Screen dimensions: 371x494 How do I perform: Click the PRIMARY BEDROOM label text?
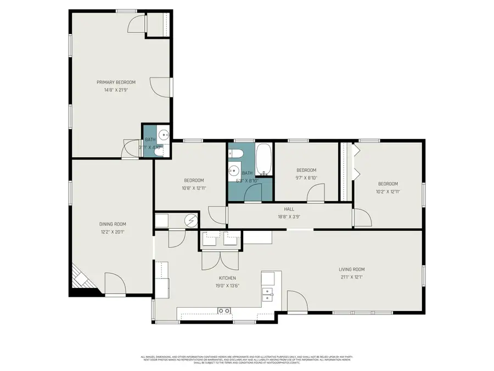116,82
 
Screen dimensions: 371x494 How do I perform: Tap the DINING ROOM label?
113,224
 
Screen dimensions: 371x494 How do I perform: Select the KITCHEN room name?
227,278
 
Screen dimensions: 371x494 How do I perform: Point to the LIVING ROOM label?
351,269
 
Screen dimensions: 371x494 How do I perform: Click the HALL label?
289,209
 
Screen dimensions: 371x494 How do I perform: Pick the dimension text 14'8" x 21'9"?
116,90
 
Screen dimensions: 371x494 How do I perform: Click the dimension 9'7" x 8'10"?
306,178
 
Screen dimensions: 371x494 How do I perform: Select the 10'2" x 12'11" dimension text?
388,191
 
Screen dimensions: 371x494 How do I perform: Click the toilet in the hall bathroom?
233,153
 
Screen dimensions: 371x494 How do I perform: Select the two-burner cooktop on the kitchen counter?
224,311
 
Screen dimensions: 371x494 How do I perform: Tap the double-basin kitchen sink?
268,294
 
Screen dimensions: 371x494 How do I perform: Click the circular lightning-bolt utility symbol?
190,220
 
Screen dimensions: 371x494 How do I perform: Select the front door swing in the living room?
297,302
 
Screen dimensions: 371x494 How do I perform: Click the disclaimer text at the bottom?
247,359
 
